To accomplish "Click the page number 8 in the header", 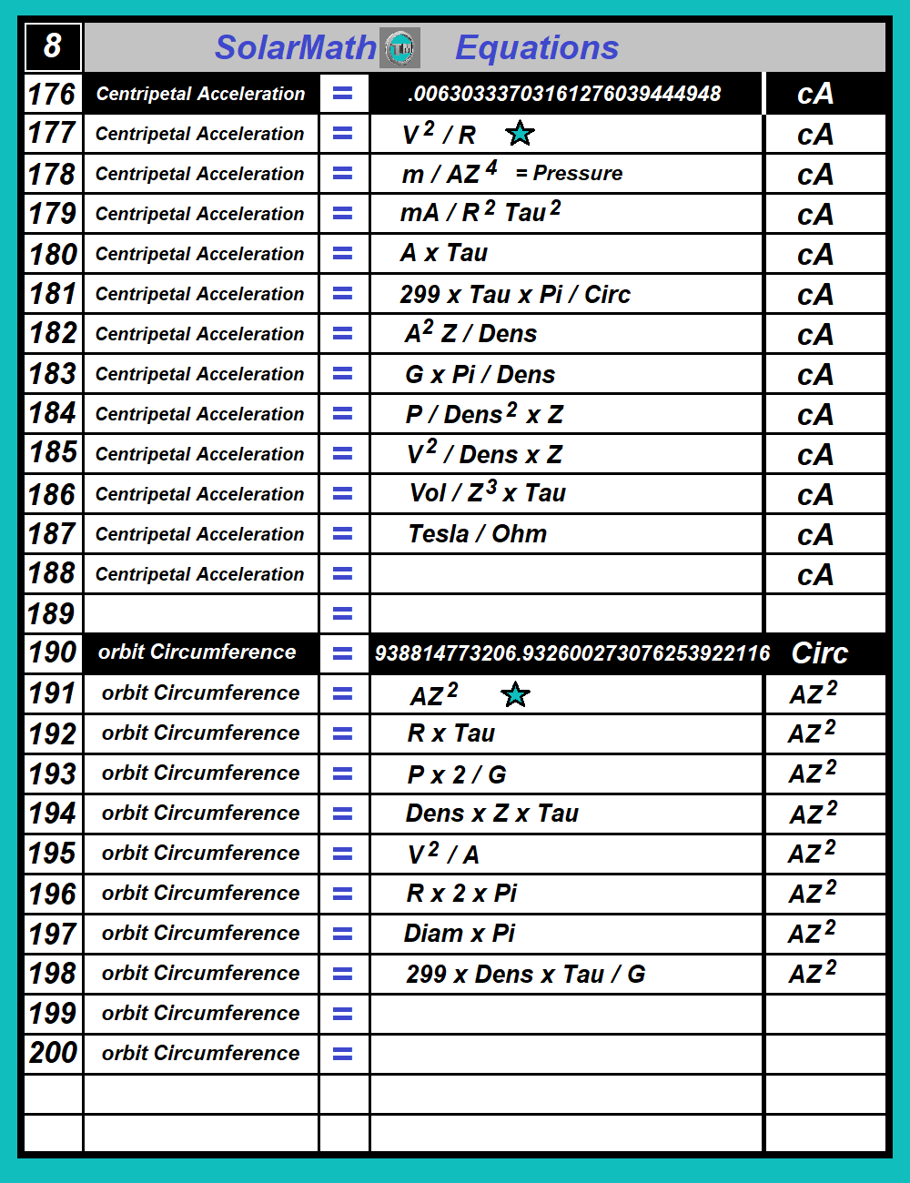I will click(x=53, y=45).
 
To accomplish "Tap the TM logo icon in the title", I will click(x=399, y=48).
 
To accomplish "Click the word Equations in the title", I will click(x=537, y=47).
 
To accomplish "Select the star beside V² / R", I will click(x=520, y=134).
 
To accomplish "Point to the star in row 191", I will click(x=515, y=695).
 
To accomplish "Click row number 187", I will click(x=53, y=534).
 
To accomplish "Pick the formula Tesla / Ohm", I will click(x=477, y=534).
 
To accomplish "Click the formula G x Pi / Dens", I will click(x=480, y=374).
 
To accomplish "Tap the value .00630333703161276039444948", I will click(x=564, y=94).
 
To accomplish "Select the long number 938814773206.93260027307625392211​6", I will click(x=571, y=653).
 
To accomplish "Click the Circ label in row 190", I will click(x=819, y=653).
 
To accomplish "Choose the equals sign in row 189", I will click(x=343, y=614).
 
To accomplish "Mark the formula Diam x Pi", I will click(x=460, y=934).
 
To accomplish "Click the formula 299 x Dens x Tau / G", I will click(x=525, y=975).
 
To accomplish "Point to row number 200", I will click(x=53, y=1053).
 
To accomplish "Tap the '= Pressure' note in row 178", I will click(x=569, y=173).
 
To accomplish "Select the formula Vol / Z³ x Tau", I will click(x=488, y=493).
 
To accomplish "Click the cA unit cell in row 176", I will click(x=815, y=94).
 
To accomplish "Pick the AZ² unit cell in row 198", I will click(x=813, y=973).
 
